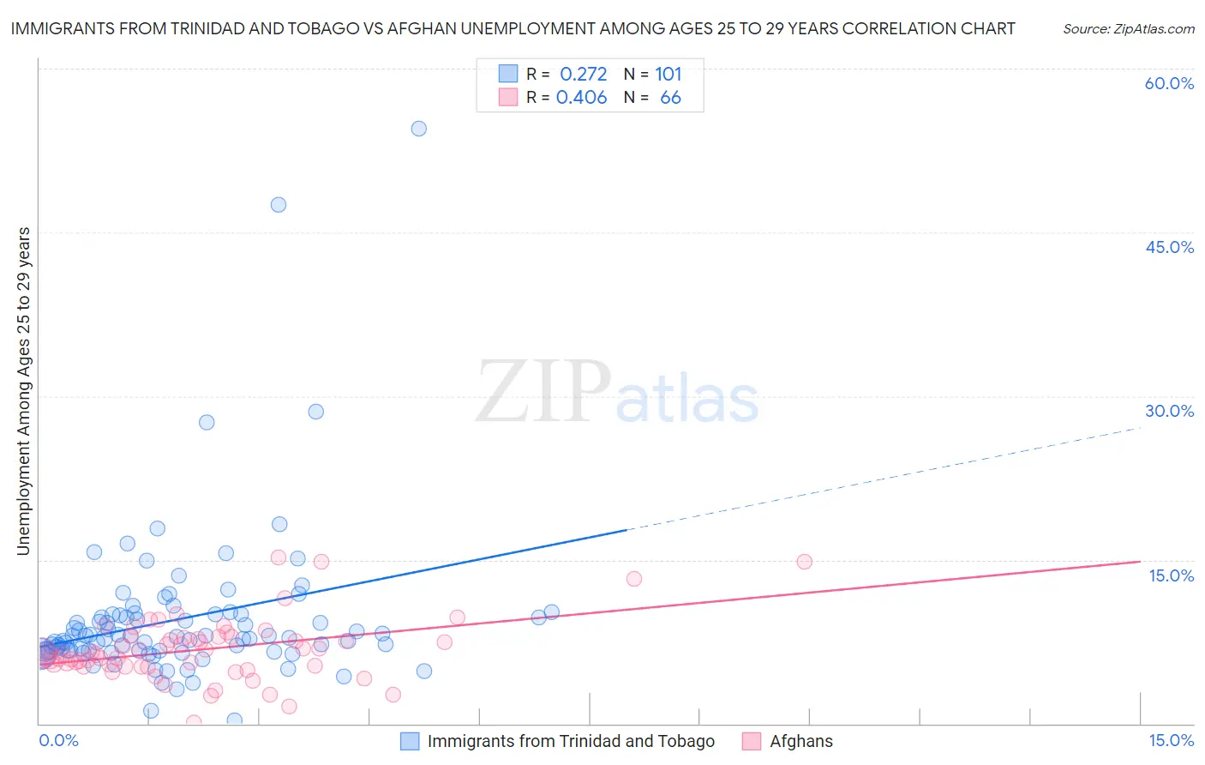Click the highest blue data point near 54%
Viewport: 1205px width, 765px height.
point(418,129)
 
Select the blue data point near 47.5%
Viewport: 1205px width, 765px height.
point(279,205)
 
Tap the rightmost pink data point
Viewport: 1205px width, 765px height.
point(804,562)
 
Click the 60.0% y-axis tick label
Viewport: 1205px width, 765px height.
point(1169,83)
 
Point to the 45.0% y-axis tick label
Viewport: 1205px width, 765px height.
point(1169,247)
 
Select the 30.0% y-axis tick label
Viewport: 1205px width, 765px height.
point(1169,411)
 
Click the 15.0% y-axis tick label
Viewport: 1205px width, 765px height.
point(1171,575)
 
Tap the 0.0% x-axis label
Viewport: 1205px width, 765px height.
point(58,741)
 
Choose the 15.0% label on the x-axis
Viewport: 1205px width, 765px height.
point(1171,741)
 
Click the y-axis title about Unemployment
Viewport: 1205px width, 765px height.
point(24,391)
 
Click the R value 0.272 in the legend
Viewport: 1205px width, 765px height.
point(583,75)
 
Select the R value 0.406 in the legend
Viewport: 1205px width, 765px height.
point(581,98)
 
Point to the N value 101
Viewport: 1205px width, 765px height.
point(668,75)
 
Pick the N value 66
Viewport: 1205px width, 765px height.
point(670,98)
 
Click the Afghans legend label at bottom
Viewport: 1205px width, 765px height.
point(800,742)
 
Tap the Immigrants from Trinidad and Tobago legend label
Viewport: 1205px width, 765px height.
point(571,742)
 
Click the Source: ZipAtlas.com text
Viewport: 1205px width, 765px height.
point(1128,29)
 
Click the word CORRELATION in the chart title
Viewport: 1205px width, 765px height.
point(891,29)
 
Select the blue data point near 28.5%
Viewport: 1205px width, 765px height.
point(316,412)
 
